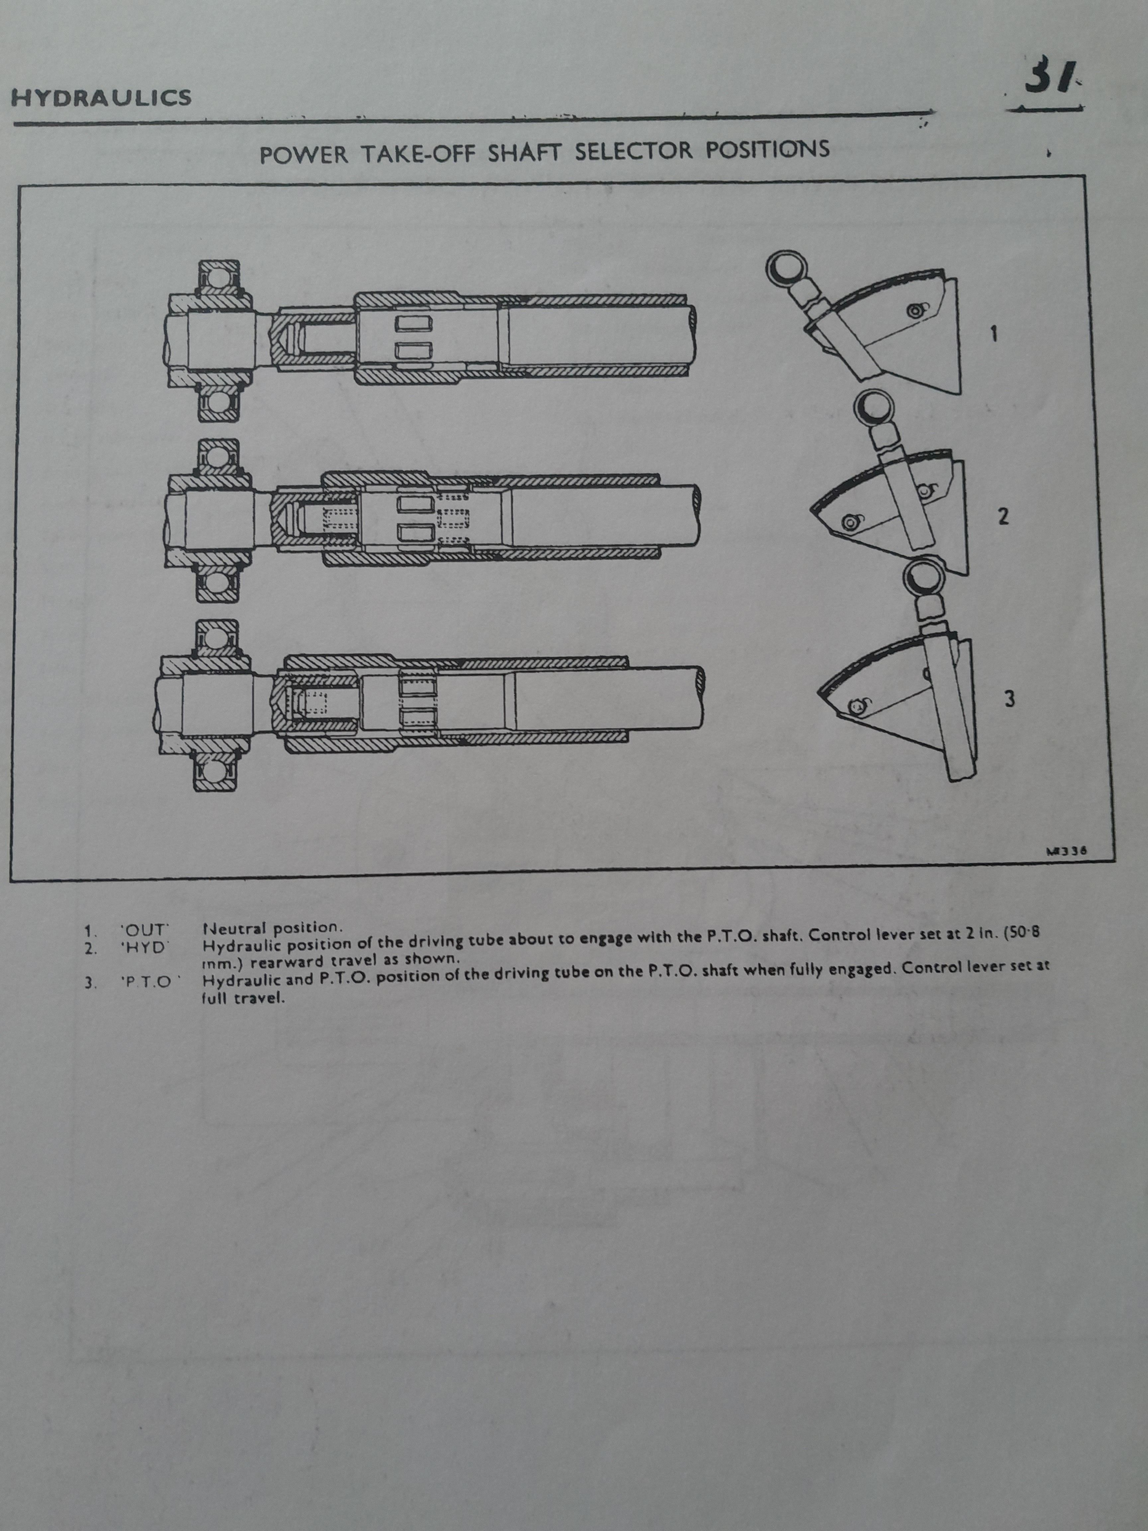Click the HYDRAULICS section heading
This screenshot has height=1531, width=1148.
coord(101,98)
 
